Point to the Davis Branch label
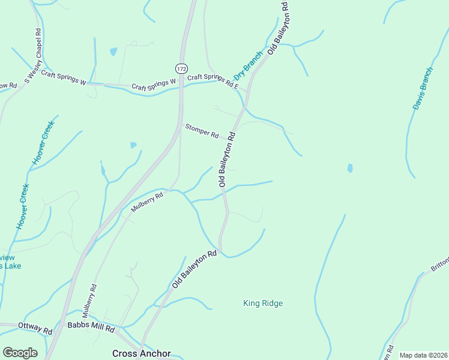pos(423,88)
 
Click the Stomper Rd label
pos(202,131)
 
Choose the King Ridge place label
pos(263,303)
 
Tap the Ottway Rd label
pos(35,328)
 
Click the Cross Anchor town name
pos(142,353)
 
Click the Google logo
pos(20,352)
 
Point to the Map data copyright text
pos(423,355)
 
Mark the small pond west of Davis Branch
pos(350,169)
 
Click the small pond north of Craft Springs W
pos(113,52)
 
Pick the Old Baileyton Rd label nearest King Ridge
pos(194,269)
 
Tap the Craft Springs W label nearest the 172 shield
pos(154,84)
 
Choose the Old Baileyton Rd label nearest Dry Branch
pos(279,28)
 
